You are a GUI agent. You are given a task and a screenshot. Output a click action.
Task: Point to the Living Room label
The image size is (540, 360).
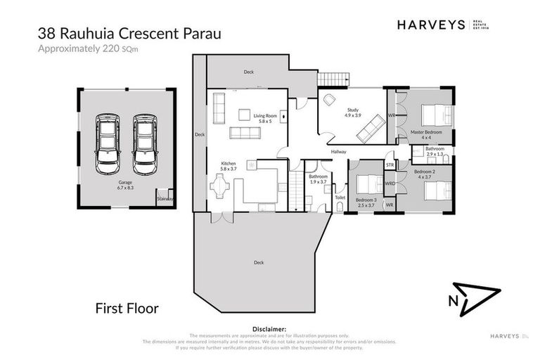(x=264, y=117)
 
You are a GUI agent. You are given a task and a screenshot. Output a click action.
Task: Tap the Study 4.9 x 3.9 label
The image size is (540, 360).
(x=353, y=113)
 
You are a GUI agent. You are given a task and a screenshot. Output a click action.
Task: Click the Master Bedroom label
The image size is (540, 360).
(x=426, y=134)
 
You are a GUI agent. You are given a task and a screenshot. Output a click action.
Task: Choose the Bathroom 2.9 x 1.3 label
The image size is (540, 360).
(x=434, y=150)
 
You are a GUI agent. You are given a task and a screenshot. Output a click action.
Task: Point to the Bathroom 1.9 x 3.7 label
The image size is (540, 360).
(x=318, y=179)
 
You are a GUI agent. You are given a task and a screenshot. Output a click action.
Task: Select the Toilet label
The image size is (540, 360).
(x=340, y=198)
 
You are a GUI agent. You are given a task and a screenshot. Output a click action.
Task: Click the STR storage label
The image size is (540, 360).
(x=390, y=165)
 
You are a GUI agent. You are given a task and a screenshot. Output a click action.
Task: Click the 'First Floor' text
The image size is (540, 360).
(x=127, y=308)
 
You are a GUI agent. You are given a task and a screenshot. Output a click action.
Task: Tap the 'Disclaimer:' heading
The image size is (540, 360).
(x=269, y=328)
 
